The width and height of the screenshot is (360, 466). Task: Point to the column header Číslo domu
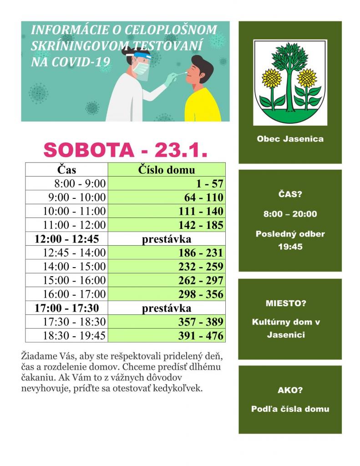pyautogui.click(x=167, y=170)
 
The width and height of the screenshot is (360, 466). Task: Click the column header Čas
pyautogui.click(x=66, y=170)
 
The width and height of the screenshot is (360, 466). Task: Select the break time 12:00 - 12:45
pyautogui.click(x=66, y=238)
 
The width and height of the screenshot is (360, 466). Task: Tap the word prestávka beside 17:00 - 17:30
pyautogui.click(x=167, y=308)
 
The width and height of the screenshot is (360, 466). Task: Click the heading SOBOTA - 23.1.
pyautogui.click(x=125, y=150)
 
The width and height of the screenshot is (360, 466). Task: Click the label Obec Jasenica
pyautogui.click(x=290, y=139)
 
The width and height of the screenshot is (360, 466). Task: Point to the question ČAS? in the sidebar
pyautogui.click(x=290, y=195)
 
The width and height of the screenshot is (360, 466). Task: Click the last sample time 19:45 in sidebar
pyautogui.click(x=290, y=247)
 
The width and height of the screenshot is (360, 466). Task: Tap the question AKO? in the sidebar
pyautogui.click(x=290, y=390)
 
